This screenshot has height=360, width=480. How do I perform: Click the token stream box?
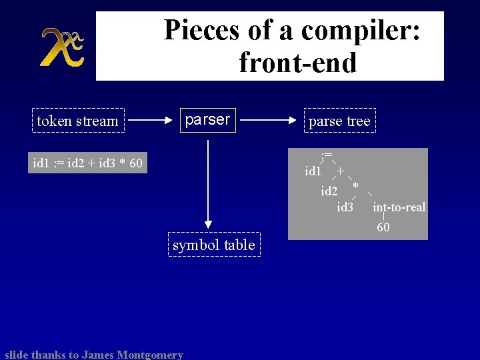coord(77,121)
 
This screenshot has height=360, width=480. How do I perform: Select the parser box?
coord(207,120)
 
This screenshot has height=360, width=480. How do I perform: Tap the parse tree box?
coord(339,121)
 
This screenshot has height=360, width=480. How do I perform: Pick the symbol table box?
coord(213,245)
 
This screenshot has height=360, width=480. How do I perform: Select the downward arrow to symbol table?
coord(208,180)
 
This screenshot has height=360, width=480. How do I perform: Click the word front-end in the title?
coord(297,63)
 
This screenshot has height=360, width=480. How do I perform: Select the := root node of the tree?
coord(326,155)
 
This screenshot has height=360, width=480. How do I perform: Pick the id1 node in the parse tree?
coord(313,172)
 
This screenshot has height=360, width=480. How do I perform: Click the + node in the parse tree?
coord(341,171)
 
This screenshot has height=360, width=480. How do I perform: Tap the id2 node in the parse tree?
coord(329,191)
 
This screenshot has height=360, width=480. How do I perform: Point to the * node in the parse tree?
coord(356,185)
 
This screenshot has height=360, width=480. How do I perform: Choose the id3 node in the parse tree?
coord(345,207)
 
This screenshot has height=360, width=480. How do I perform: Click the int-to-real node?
coord(399,207)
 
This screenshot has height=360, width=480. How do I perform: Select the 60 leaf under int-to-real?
coord(383,228)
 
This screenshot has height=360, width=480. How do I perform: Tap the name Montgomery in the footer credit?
coord(148,355)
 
